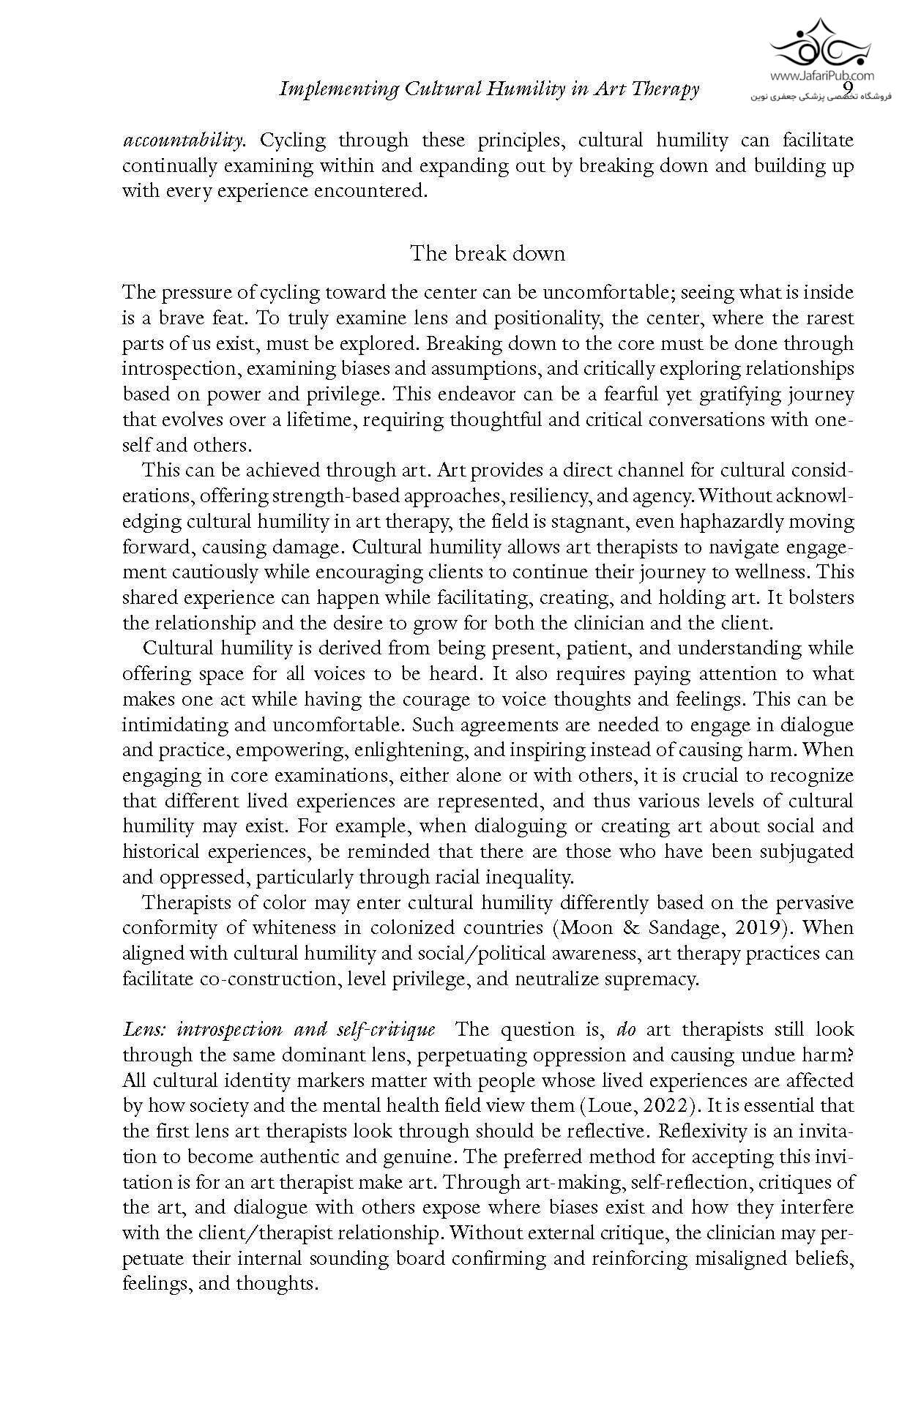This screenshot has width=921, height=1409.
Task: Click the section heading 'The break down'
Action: pyautogui.click(x=487, y=253)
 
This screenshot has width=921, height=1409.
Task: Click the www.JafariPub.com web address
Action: pyautogui.click(x=821, y=75)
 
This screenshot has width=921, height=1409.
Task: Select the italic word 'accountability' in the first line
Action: pyautogui.click(x=182, y=140)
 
